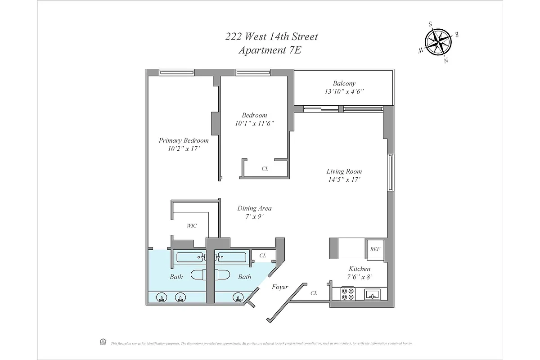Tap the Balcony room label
tap(344, 83)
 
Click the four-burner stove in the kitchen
tap(347, 294)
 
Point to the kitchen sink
tap(371, 294)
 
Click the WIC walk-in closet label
tap(192, 226)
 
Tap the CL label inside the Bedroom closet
tap(265, 169)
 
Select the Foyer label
tap(280, 287)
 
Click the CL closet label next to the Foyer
tap(314, 293)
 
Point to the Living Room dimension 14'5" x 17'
tap(344, 180)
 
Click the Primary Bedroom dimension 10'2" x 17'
tap(184, 148)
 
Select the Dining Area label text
tap(254, 208)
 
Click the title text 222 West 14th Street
tap(271, 37)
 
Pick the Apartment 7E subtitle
tap(270, 50)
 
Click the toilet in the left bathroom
tap(197, 274)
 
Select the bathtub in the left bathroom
tap(191, 257)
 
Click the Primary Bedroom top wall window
tap(176, 72)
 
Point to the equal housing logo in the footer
tap(103, 342)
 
